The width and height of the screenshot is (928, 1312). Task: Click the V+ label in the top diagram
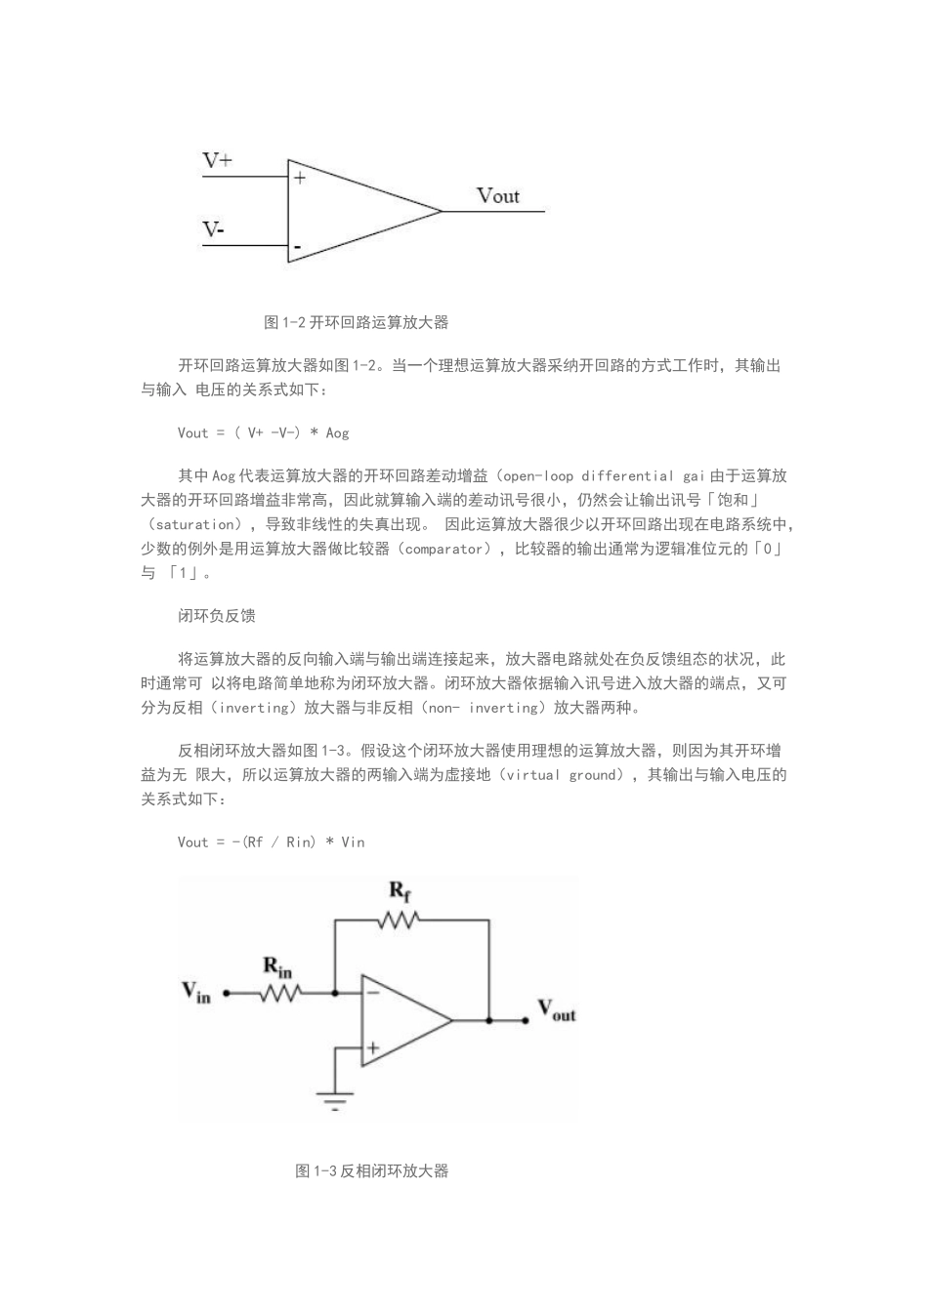click(x=217, y=161)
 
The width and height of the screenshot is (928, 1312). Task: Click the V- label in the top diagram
click(x=214, y=230)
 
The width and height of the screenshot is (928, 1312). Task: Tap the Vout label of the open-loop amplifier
click(x=498, y=196)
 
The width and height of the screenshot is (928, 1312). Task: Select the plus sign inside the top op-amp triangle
click(x=300, y=178)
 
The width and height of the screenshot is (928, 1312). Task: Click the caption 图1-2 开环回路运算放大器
click(x=357, y=322)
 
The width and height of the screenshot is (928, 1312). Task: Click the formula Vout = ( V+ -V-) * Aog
click(x=263, y=432)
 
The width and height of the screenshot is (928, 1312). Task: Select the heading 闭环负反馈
click(x=217, y=616)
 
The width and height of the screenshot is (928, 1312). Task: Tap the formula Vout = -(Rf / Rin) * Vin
click(x=271, y=841)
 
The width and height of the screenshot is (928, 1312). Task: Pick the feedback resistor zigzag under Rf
click(x=401, y=919)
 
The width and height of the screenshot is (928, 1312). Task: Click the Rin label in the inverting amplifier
click(x=277, y=967)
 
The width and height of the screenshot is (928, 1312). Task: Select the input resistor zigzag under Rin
click(x=279, y=994)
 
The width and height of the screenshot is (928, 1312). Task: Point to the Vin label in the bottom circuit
click(x=195, y=993)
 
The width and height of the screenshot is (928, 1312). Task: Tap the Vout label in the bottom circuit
click(x=557, y=1009)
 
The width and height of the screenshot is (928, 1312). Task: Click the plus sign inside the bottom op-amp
click(x=372, y=1048)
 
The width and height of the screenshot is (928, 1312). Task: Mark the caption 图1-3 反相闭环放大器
click(x=371, y=1170)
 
